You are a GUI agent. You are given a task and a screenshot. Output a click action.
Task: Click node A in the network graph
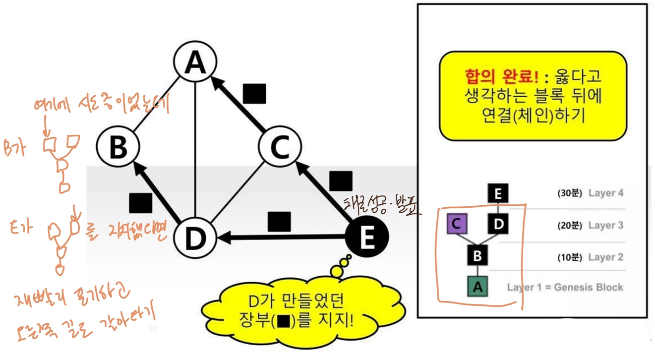click(195, 62)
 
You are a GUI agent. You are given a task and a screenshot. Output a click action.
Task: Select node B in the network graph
click(118, 147)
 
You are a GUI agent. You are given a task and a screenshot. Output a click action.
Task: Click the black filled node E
click(366, 239)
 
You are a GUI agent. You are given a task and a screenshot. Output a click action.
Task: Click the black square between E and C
click(341, 181)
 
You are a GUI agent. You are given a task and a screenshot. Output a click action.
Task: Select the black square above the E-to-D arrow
click(279, 222)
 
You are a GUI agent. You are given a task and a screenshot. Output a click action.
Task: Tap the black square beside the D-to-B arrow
click(140, 203)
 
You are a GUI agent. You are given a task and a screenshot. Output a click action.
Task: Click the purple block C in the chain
click(457, 225)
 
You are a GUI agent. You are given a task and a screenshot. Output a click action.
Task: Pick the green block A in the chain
click(477, 286)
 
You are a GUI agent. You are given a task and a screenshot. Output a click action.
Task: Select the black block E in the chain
click(498, 194)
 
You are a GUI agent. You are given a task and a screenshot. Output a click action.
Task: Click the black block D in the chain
click(498, 225)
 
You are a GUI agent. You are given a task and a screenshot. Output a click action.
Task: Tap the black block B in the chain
click(477, 256)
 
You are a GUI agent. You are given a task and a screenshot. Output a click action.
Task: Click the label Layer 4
click(605, 193)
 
